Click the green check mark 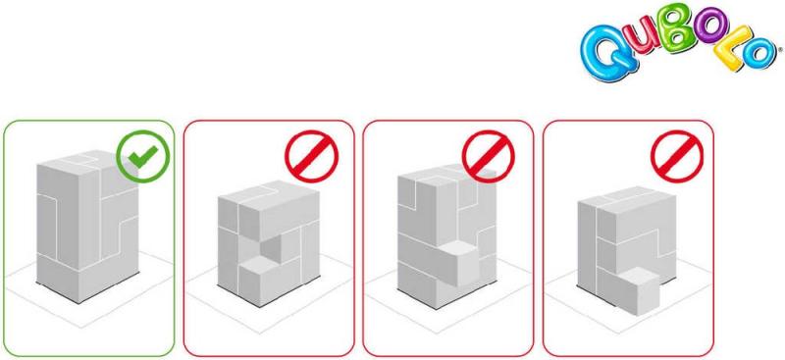(143, 156)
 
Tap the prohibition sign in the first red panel (311, 156)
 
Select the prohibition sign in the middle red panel (489, 156)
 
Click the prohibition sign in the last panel (677, 156)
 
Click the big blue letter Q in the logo (605, 54)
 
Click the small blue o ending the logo (759, 54)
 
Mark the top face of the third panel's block (446, 177)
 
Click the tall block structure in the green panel (87, 227)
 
